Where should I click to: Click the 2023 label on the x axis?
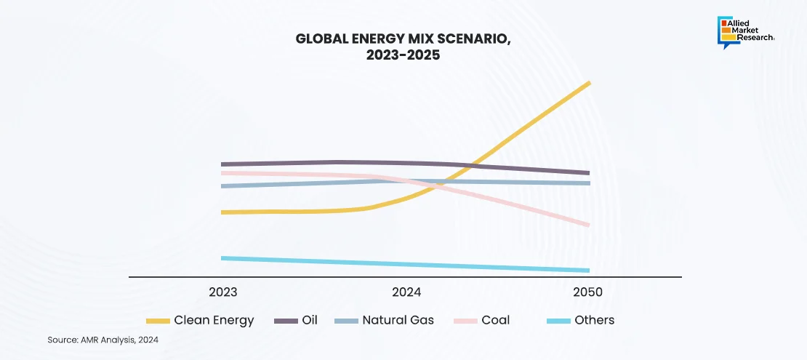[x=222, y=292]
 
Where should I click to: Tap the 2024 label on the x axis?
[x=406, y=292]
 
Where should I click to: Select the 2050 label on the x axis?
[x=587, y=292]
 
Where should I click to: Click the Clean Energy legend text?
[x=214, y=320]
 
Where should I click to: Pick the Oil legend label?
[x=310, y=320]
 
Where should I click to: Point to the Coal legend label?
[x=495, y=320]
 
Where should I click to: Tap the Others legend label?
[x=594, y=320]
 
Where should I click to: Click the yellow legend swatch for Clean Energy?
[x=158, y=321]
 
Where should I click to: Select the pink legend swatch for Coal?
[x=465, y=321]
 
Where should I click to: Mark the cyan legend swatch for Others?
[x=558, y=321]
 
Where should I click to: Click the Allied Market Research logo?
[x=746, y=31]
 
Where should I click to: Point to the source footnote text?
[x=103, y=340]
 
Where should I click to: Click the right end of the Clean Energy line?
[x=589, y=83]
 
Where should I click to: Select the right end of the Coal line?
[x=589, y=225]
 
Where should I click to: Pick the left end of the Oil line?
[x=222, y=164]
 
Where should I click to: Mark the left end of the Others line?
[x=222, y=258]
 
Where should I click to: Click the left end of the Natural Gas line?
[x=222, y=186]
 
